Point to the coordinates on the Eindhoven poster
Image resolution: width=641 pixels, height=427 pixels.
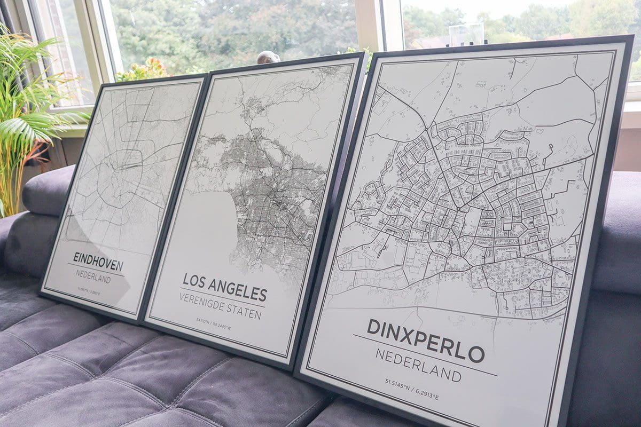tap(89, 292)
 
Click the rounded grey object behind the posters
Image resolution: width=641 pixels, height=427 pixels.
tap(268, 57)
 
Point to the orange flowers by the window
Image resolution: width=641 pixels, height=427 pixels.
tap(144, 70)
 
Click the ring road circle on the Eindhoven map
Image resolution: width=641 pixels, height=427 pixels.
tap(120, 176)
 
